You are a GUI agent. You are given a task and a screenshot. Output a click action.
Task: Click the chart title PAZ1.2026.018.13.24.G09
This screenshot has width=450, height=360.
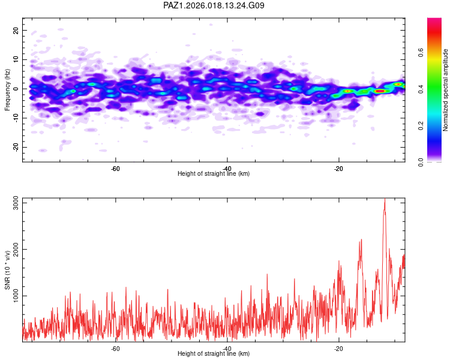tap(214, 5)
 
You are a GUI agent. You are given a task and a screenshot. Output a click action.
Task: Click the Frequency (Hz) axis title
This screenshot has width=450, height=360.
tap(7, 90)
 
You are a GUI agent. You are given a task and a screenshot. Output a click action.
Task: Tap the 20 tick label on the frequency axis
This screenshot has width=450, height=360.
tap(16, 30)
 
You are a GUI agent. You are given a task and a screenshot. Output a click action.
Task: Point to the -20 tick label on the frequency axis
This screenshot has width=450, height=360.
tap(16, 148)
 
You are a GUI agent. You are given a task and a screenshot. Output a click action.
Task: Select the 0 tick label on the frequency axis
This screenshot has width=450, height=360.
tap(16, 89)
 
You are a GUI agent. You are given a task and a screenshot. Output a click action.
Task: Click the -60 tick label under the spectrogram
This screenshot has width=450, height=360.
tap(115, 169)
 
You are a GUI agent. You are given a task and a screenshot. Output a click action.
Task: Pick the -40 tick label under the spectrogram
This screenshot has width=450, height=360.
tap(227, 169)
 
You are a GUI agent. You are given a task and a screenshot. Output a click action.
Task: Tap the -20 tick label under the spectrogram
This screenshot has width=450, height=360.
tap(338, 169)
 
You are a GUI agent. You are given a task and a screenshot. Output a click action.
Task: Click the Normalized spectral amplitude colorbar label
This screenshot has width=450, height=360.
tap(445, 90)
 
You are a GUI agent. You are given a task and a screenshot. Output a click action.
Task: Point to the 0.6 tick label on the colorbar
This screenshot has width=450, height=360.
tap(421, 53)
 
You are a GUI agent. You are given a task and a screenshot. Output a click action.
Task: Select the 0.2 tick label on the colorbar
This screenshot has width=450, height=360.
tap(421, 126)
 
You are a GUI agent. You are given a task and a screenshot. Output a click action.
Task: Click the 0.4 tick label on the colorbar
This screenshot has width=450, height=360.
tap(421, 89)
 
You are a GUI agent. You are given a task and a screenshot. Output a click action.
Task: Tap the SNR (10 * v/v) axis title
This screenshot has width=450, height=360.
tap(7, 270)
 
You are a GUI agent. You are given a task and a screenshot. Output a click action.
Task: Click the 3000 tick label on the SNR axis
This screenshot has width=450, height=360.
tap(16, 203)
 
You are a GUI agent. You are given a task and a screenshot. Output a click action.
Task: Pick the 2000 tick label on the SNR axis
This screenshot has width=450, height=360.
tap(16, 250)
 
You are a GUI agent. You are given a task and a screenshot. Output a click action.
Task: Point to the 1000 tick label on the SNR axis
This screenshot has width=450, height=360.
tap(16, 296)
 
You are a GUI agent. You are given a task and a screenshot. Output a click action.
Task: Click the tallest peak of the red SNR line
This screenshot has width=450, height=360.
tap(385, 199)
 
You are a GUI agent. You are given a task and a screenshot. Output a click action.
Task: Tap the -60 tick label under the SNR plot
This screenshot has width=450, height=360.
tap(115, 349)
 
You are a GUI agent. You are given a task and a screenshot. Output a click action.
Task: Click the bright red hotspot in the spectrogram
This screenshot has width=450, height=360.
tap(380, 91)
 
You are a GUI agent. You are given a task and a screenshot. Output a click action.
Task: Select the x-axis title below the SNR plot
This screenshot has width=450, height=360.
tap(214, 353)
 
